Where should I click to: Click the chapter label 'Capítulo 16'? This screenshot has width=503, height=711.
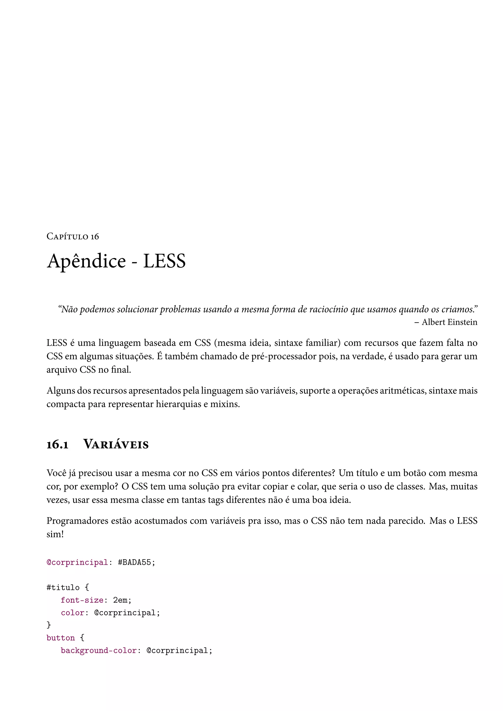coord(72,237)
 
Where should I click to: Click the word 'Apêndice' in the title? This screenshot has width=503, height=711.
coord(86,261)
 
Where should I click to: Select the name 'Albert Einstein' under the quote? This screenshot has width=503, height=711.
coord(449,322)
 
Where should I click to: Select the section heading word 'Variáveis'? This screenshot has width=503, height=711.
coord(116,445)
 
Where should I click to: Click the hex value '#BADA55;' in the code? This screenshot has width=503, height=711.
coord(137,562)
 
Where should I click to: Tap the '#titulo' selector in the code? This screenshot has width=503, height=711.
coord(63,588)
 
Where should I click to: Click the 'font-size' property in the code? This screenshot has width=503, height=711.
coord(82,600)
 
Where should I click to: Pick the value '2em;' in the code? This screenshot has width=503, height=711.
coord(122,600)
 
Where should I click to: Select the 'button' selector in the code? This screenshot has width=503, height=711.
coord(61,638)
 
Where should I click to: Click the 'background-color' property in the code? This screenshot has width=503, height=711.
coord(99,651)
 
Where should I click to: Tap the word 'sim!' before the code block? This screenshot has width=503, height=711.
coord(55,534)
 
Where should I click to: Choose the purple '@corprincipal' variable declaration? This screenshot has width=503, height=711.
coord(77,562)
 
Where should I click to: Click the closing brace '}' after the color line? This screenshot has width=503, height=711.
coord(49,625)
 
